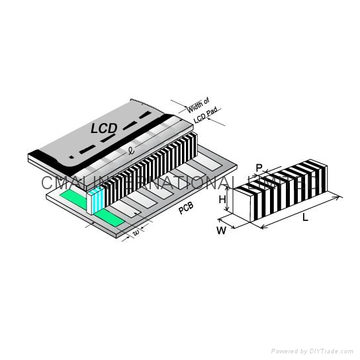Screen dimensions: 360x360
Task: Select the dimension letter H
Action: point(223,199)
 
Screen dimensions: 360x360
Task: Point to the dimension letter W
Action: point(221,230)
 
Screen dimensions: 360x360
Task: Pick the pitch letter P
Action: point(259,167)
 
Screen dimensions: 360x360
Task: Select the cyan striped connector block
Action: point(97,199)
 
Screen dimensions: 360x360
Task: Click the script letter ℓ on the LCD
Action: point(132,151)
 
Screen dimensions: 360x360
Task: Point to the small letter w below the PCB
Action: point(136,232)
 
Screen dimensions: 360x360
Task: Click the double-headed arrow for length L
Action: point(301,211)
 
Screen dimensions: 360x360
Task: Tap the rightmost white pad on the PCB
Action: point(211,160)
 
